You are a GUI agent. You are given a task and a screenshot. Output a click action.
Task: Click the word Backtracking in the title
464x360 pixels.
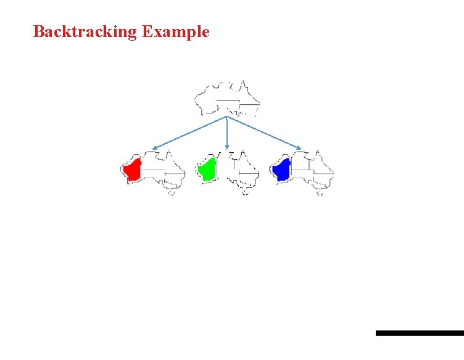[x=85, y=32]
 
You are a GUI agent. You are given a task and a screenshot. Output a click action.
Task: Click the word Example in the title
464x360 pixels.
[x=176, y=32]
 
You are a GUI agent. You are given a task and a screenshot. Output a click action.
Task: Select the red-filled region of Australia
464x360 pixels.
[x=133, y=170]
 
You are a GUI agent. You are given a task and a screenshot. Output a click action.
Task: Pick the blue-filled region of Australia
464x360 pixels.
[x=282, y=170]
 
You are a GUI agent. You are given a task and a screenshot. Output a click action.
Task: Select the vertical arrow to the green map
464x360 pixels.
[x=227, y=133]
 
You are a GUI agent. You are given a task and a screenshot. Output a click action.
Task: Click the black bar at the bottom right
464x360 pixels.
[x=420, y=333]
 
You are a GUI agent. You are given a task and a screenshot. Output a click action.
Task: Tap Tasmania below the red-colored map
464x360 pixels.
[x=171, y=192]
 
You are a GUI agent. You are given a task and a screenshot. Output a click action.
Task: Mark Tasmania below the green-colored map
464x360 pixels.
[x=245, y=192]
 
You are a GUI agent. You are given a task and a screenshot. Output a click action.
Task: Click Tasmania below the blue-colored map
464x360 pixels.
[x=320, y=192]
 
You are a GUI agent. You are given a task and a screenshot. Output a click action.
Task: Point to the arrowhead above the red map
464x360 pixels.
[x=154, y=148]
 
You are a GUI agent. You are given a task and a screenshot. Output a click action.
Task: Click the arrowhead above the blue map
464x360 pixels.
[x=299, y=148]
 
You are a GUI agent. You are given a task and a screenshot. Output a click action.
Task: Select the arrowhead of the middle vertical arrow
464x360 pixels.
[x=227, y=147]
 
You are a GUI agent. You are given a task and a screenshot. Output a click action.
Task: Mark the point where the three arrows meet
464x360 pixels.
[x=227, y=117]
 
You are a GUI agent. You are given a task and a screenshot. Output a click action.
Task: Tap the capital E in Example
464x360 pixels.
[x=147, y=32]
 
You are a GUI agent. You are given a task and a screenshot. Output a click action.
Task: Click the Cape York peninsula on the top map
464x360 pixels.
[x=243, y=85]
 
